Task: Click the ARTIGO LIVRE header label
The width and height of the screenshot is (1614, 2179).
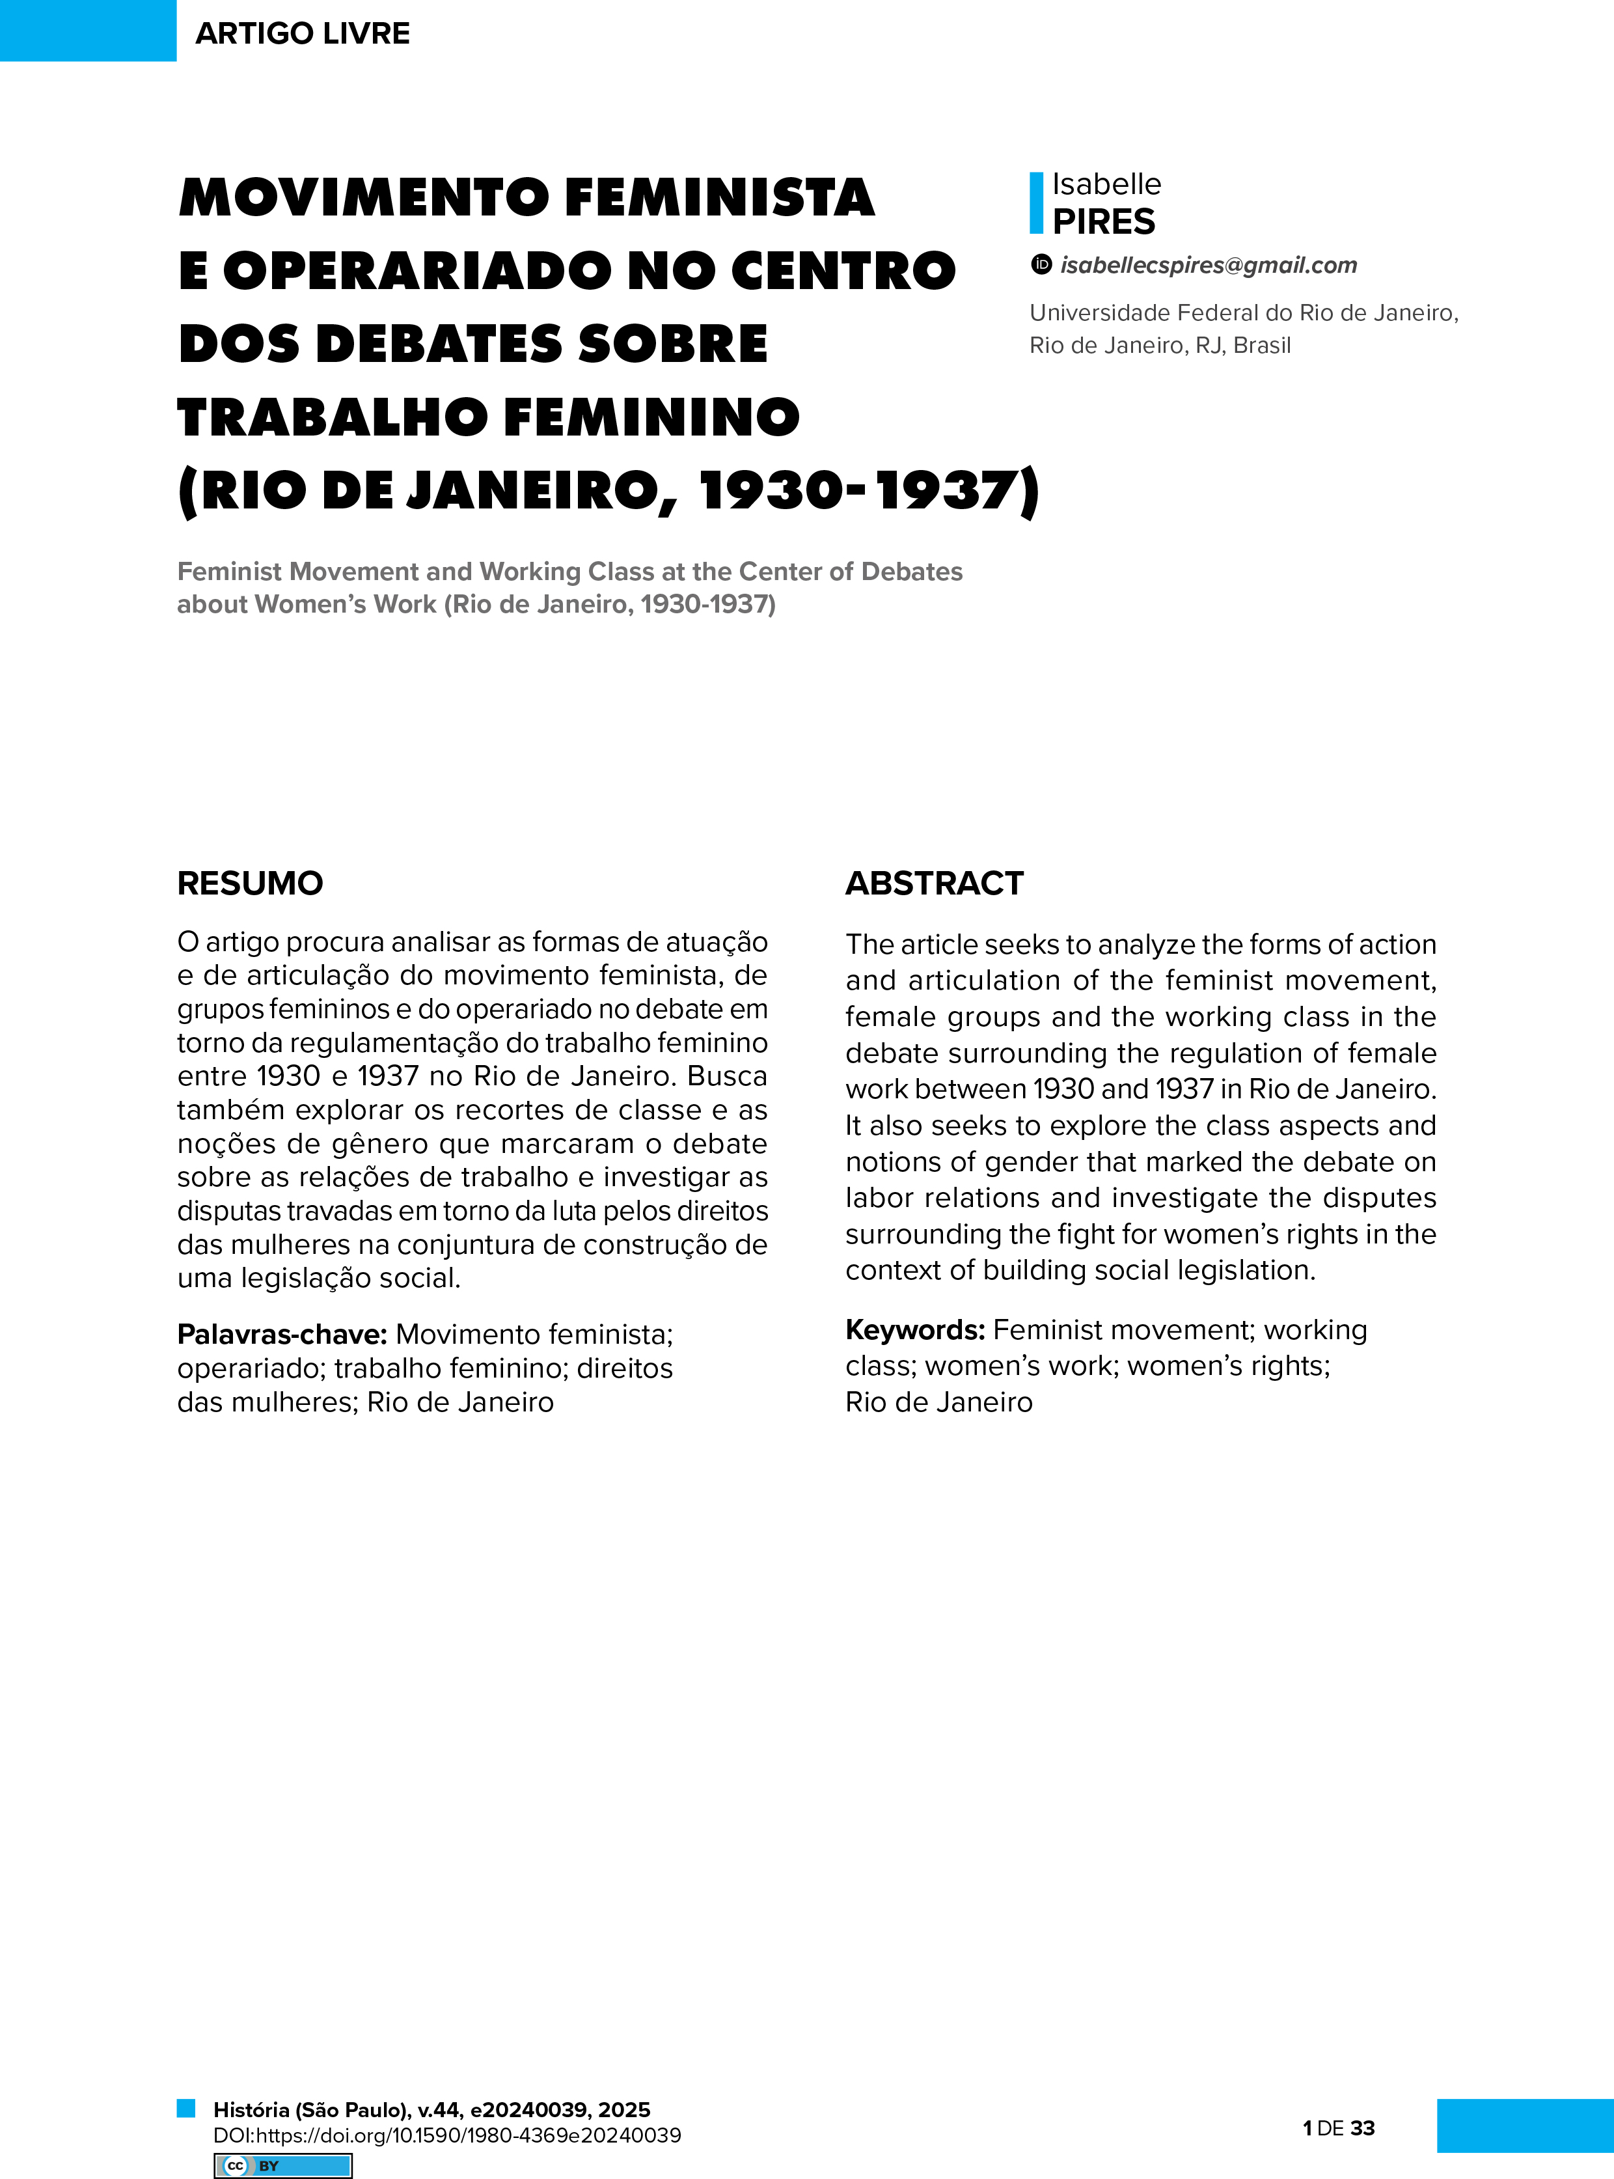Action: pyautogui.click(x=302, y=33)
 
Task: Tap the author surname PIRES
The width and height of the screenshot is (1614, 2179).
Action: pyautogui.click(x=1103, y=222)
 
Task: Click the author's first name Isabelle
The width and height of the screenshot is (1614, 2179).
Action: pyautogui.click(x=1106, y=184)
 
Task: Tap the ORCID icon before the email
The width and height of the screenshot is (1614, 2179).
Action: pyautogui.click(x=1041, y=264)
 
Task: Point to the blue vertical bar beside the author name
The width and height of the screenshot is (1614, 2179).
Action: pyautogui.click(x=1035, y=203)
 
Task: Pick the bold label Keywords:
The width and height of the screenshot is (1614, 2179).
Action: pyautogui.click(x=914, y=1330)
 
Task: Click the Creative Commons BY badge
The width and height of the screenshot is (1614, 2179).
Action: pyautogui.click(x=282, y=2165)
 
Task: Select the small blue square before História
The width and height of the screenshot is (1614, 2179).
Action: pyautogui.click(x=185, y=2107)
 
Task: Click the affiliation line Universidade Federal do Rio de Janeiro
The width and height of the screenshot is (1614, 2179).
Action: pyautogui.click(x=1243, y=312)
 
